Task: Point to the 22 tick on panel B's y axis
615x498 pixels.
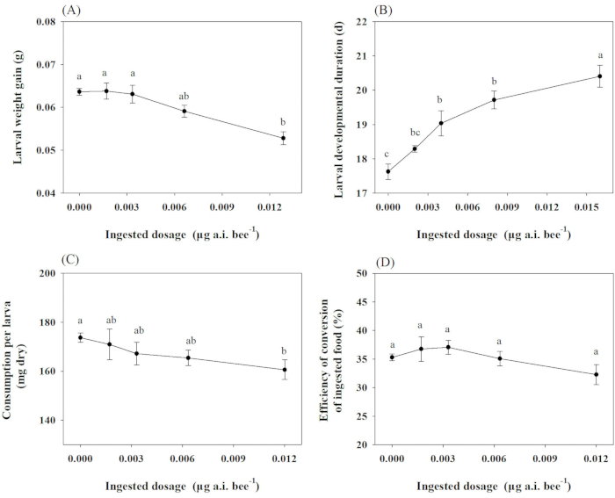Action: [355, 21]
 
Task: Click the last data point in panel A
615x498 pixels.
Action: [283, 138]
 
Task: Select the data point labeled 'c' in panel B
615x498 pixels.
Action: [388, 172]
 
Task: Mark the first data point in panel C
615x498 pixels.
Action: [81, 337]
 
